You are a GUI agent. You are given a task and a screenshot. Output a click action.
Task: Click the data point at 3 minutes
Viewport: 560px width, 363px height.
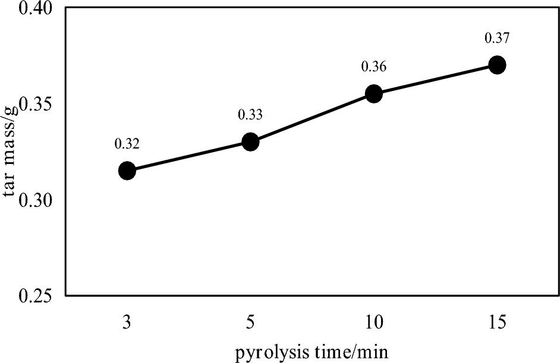tap(127, 171)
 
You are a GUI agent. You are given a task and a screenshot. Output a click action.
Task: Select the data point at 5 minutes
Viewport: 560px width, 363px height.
tap(250, 142)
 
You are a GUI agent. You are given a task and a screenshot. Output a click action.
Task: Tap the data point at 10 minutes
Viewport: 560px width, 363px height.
tap(374, 93)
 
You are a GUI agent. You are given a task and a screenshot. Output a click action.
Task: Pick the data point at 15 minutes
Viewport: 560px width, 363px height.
tap(498, 65)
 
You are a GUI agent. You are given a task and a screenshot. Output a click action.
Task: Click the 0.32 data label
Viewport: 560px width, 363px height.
tap(127, 143)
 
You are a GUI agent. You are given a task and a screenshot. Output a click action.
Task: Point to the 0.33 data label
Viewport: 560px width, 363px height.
tap(250, 115)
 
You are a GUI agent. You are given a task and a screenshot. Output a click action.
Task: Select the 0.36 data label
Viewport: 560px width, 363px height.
tap(374, 67)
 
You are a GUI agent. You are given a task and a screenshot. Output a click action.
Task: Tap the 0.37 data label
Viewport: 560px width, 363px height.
tap(498, 38)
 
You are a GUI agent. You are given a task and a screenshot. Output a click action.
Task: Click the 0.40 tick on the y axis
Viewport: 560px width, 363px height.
tap(36, 10)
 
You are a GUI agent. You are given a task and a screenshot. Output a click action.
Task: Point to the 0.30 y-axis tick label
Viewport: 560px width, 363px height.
tap(36, 200)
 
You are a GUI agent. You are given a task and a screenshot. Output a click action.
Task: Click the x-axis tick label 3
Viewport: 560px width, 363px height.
tap(127, 321)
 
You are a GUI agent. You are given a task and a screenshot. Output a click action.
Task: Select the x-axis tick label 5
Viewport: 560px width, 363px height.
tap(250, 321)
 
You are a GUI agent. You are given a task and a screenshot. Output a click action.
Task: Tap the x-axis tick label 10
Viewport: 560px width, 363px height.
tap(374, 321)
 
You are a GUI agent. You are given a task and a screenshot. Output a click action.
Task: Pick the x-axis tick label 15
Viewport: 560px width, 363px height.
tap(498, 321)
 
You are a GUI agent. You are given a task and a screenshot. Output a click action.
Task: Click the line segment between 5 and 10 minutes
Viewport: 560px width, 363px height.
tap(312, 118)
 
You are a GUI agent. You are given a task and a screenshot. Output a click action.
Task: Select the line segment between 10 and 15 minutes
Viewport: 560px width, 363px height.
tap(436, 79)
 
